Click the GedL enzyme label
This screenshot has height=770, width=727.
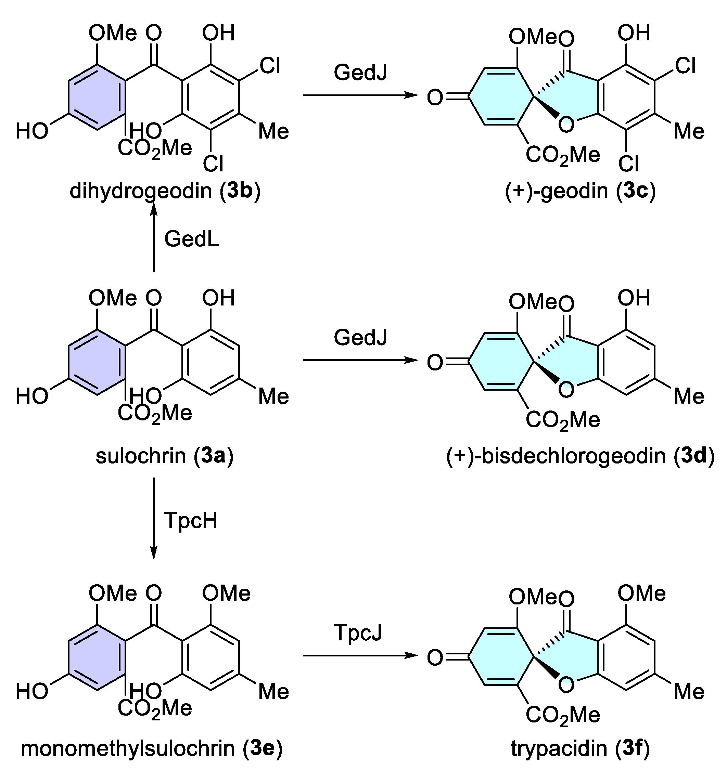pos(191,239)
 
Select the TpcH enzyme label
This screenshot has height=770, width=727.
pos(191,520)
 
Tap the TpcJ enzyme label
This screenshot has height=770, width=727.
pos(358,632)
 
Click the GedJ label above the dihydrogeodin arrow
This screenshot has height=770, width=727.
pos(360,73)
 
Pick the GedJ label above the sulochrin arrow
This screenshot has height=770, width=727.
pos(360,337)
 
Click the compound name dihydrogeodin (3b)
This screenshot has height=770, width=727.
pos(165,191)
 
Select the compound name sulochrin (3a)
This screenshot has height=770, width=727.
pos(165,456)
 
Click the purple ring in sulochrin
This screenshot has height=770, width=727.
pos(97,362)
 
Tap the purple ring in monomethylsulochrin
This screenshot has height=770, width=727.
pos(97,657)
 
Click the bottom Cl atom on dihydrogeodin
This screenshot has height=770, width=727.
pos(213,164)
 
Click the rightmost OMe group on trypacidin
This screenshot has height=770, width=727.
pos(641,593)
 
